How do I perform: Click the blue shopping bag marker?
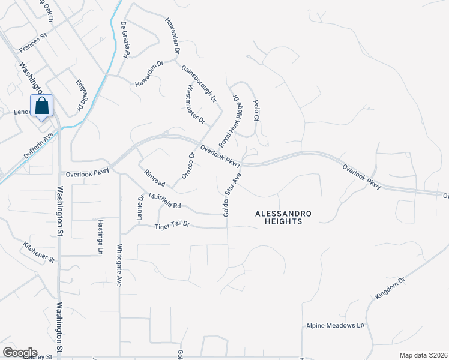[43, 106]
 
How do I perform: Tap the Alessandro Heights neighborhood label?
[277, 217]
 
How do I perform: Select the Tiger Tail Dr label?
[172, 225]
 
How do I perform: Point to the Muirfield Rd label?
[161, 201]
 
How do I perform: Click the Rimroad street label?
[154, 178]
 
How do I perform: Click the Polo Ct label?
[255, 111]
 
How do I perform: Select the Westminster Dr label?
[196, 104]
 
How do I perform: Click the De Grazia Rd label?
[125, 40]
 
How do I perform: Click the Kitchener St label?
[39, 253]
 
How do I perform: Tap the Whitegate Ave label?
[119, 265]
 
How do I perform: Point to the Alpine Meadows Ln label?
[336, 325]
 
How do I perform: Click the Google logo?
[20, 353]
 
